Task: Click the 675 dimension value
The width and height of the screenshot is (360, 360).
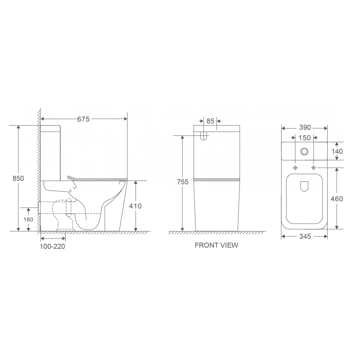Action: pyautogui.click(x=84, y=119)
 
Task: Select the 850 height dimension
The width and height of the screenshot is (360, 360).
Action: pyautogui.click(x=18, y=178)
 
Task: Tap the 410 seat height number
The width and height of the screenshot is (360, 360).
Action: pyautogui.click(x=135, y=206)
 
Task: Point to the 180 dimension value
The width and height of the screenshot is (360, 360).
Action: pyautogui.click(x=28, y=220)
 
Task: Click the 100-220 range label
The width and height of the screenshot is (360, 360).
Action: pyautogui.click(x=53, y=246)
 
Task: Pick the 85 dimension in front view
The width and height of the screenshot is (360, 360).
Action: pyautogui.click(x=210, y=121)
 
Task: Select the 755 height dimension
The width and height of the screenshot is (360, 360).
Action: pyautogui.click(x=181, y=182)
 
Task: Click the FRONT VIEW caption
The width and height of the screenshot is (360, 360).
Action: pyautogui.click(x=216, y=246)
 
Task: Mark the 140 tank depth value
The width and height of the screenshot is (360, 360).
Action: pyautogui.click(x=337, y=151)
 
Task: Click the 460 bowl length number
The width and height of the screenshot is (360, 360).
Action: pyautogui.click(x=337, y=198)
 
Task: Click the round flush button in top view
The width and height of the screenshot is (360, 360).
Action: pyautogui.click(x=305, y=151)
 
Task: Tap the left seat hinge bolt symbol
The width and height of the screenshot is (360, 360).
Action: pyautogui.click(x=295, y=168)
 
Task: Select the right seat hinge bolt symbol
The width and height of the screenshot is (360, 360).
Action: pyautogui.click(x=313, y=168)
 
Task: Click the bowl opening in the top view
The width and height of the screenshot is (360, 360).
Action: pyautogui.click(x=304, y=198)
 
